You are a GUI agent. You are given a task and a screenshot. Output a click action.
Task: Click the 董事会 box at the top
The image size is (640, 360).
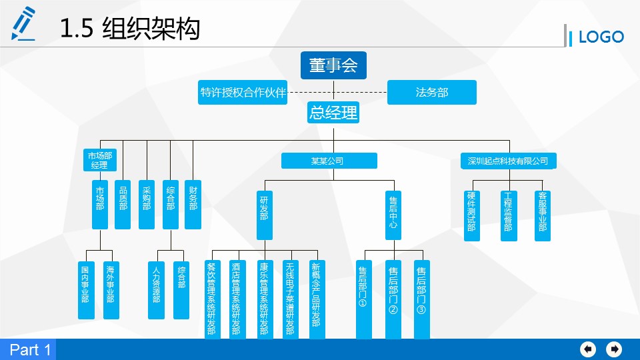click(333, 65)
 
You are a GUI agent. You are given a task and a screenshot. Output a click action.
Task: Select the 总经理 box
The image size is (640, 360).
click(333, 113)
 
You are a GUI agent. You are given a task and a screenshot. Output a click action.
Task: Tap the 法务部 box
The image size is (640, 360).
click(431, 93)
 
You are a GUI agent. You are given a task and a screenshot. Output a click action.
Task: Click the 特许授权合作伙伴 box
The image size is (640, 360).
click(243, 93)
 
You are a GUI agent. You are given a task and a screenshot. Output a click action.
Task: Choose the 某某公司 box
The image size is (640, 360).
click(329, 161)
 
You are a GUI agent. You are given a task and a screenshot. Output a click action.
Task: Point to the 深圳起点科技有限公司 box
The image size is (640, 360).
click(508, 161)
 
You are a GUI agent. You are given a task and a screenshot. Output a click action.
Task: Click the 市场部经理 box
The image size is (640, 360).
click(99, 160)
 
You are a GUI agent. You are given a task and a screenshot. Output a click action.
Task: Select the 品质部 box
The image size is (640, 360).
click(123, 204)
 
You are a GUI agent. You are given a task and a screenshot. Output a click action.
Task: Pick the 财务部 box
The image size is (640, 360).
click(193, 204)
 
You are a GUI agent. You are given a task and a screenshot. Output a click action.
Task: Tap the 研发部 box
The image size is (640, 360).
click(265, 215)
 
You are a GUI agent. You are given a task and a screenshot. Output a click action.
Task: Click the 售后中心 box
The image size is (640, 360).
click(393, 215)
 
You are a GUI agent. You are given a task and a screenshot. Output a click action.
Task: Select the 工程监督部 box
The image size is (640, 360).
click(509, 215)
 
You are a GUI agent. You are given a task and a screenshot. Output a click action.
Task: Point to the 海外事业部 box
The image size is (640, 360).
click(110, 289)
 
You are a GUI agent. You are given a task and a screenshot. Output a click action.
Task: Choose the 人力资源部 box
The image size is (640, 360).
click(156, 289)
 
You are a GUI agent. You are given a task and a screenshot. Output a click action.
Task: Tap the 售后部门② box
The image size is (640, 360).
click(393, 299)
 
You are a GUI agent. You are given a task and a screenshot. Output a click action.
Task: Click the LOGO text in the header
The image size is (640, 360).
click(601, 37)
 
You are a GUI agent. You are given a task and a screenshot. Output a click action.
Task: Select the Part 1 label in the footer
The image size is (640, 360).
click(29, 350)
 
